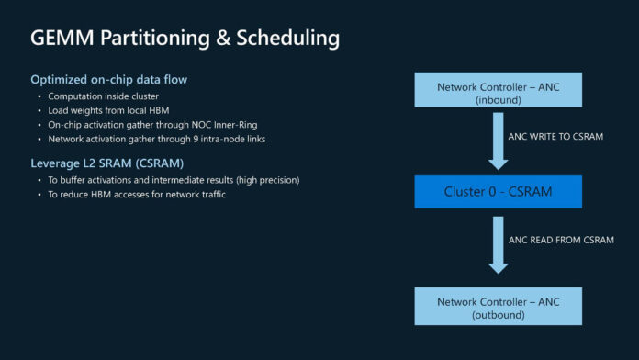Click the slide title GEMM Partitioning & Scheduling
click(x=185, y=39)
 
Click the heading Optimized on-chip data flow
click(x=109, y=80)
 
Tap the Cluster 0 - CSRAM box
click(x=498, y=192)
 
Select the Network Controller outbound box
click(x=498, y=305)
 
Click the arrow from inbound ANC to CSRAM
click(x=498, y=140)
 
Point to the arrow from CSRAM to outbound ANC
click(x=498, y=244)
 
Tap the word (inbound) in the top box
click(x=498, y=98)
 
